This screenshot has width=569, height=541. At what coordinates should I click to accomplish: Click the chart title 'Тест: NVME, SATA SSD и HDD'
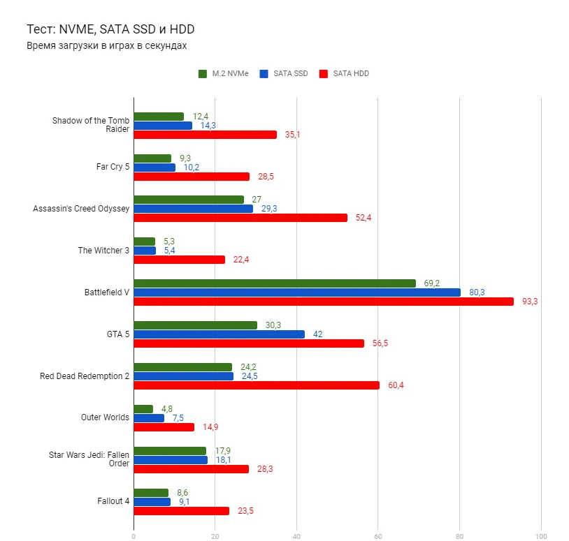tap(110, 29)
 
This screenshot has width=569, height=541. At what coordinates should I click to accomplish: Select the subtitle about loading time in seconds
tap(106, 45)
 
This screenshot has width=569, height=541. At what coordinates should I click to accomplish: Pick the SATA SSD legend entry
tap(283, 73)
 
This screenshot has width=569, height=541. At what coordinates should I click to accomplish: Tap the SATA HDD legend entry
tap(344, 73)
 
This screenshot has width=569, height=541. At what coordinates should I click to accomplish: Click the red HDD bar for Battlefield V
tap(323, 302)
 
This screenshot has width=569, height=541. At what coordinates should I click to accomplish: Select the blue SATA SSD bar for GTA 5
tap(219, 334)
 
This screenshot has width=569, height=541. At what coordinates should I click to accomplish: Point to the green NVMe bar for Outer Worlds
tap(143, 409)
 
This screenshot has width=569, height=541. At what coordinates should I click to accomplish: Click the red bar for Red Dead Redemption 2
tap(256, 385)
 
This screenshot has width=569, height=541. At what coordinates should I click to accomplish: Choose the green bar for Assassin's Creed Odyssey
tap(188, 200)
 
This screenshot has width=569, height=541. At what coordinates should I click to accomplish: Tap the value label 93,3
tap(530, 302)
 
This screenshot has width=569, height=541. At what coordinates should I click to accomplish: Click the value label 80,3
tap(477, 292)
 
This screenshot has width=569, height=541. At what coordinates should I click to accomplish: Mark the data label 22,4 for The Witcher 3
tap(241, 260)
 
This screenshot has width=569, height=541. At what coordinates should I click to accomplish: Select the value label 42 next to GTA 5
tap(317, 334)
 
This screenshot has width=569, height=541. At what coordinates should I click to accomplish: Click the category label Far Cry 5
tap(113, 167)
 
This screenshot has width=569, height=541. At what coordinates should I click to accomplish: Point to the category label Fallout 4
tap(113, 501)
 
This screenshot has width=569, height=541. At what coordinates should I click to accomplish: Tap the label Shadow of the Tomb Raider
tap(90, 125)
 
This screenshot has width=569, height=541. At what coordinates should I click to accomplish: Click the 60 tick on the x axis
tap(377, 536)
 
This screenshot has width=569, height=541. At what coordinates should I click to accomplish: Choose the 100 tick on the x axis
tap(540, 536)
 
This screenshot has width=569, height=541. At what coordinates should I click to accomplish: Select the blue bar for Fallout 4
tap(152, 501)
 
